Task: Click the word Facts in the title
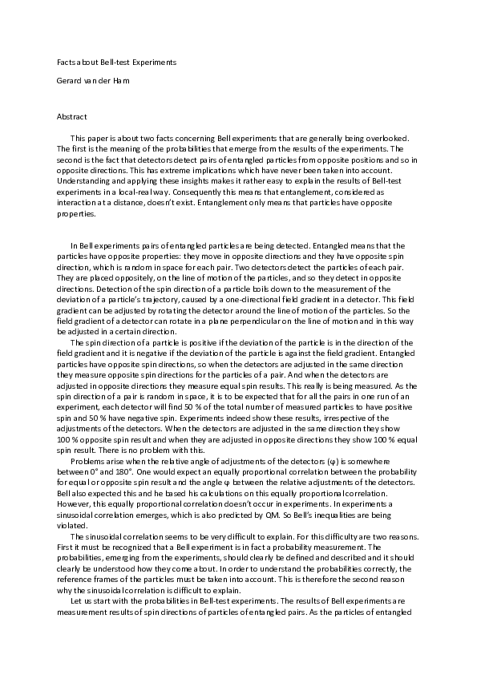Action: [66, 62]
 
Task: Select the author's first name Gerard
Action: [68, 82]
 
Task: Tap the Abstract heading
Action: [72, 117]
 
